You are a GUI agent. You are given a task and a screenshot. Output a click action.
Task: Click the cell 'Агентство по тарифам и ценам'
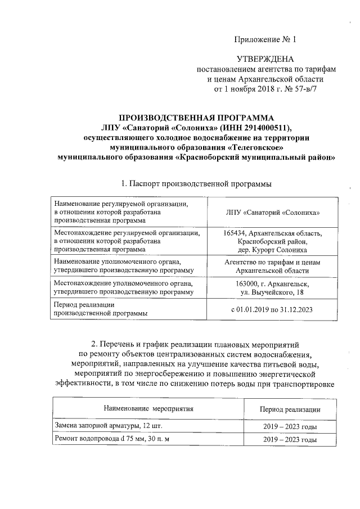click(x=272, y=262)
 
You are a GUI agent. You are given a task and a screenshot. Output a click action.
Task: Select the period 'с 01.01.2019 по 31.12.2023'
click(x=272, y=309)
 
